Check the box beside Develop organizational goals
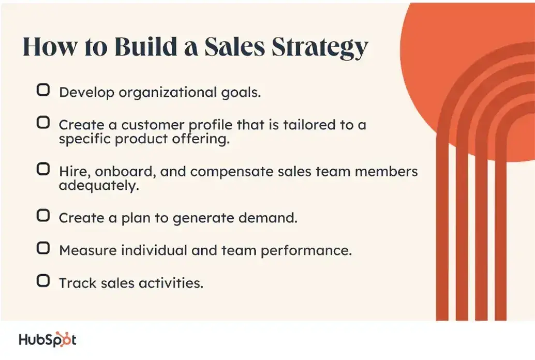coord(43,91)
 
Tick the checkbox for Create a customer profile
coord(43,123)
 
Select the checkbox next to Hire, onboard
coord(43,169)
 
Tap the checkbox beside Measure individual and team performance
coord(43,248)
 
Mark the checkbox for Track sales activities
coord(43,281)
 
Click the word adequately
coord(99,186)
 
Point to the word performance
coord(305,250)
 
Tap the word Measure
coord(87,250)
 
